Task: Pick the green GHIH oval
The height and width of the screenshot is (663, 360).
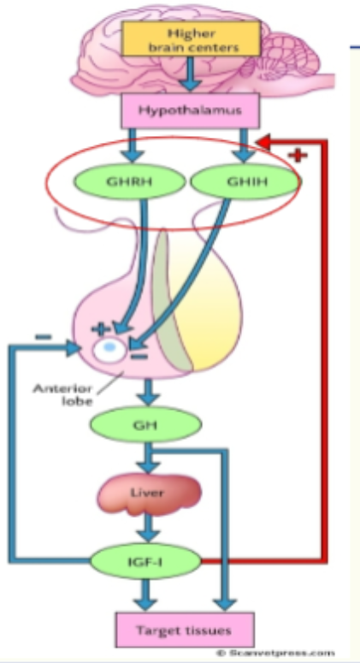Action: tap(235, 181)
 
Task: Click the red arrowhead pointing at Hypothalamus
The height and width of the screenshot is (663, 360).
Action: tap(269, 140)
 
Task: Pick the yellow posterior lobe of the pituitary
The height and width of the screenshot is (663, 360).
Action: tap(214, 308)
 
